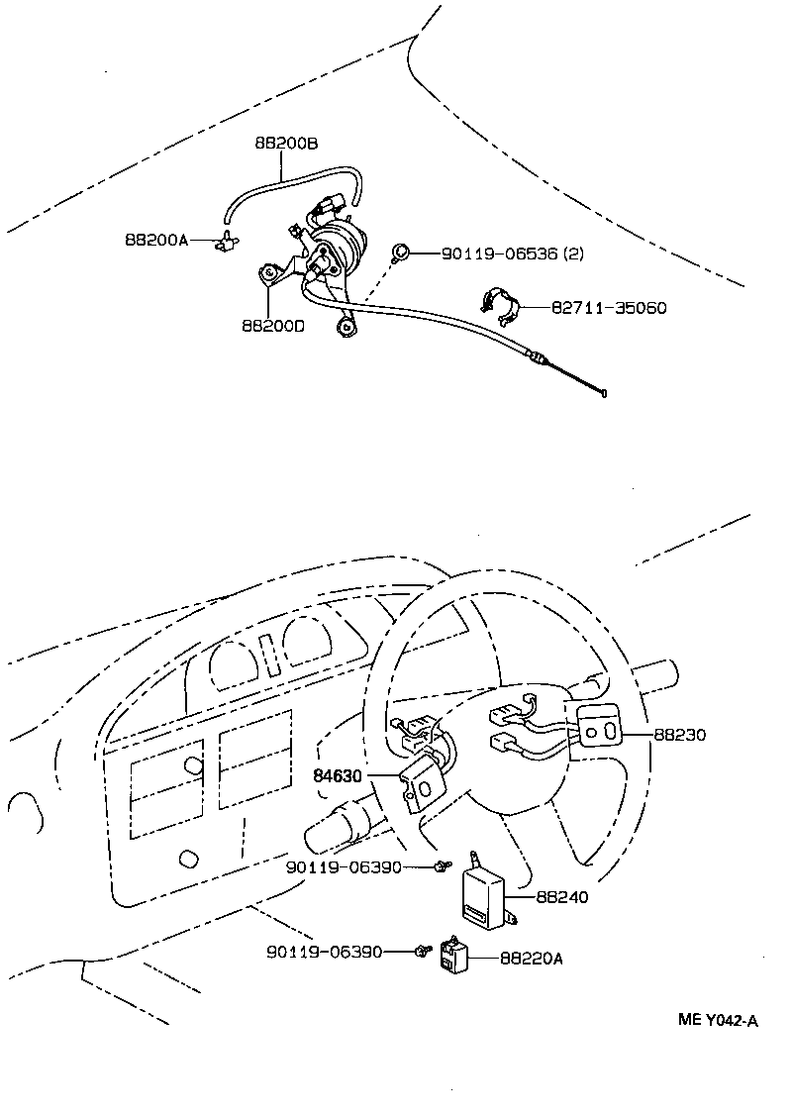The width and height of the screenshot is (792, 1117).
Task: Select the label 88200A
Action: (156, 239)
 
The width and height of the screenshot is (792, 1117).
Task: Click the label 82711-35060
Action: (609, 308)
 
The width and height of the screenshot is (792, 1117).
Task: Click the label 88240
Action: (562, 897)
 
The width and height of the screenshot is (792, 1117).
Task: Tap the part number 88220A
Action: (533, 958)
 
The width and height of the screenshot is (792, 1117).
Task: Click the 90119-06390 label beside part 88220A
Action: (324, 952)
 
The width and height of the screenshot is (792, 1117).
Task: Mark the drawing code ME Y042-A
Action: (718, 1022)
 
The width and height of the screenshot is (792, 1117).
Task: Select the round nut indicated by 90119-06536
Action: (402, 253)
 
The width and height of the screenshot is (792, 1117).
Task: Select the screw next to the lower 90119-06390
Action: (423, 952)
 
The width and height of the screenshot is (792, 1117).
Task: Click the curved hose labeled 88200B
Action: (287, 181)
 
